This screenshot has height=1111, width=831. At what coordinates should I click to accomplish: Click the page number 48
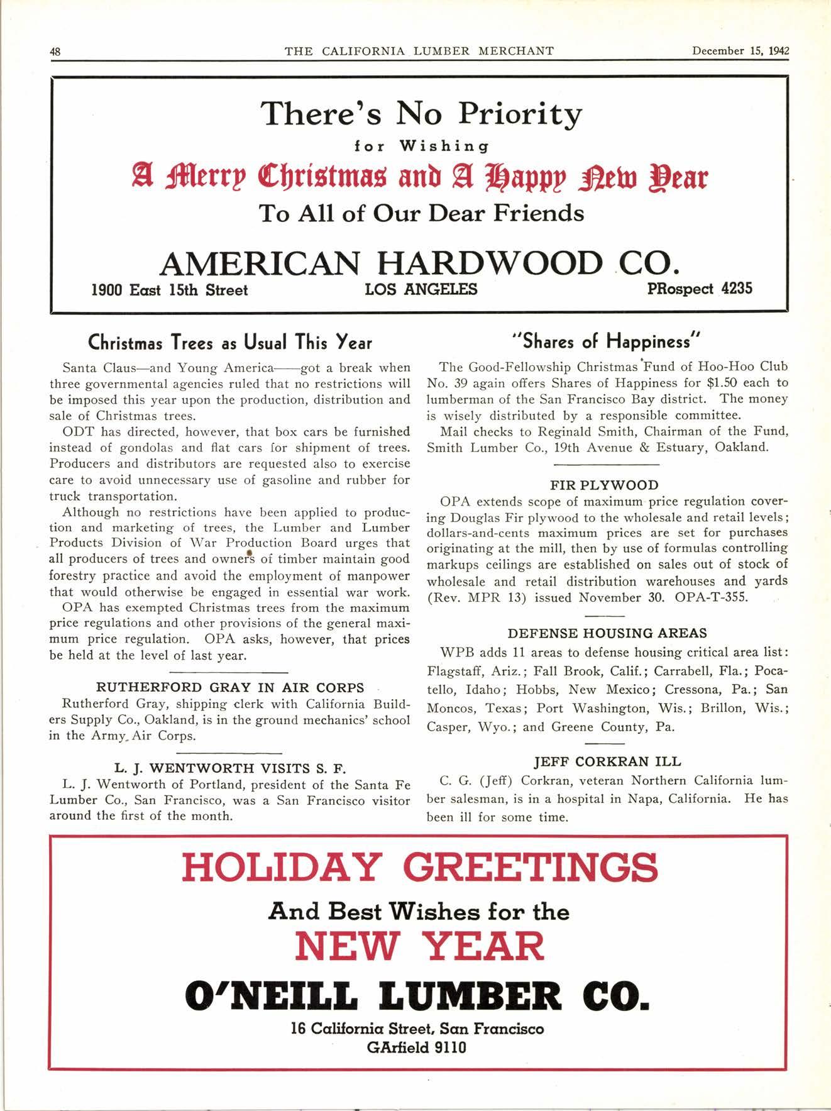point(55,52)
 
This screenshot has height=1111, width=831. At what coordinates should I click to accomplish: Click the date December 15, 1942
point(740,51)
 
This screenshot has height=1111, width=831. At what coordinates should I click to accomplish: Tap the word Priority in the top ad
point(519,114)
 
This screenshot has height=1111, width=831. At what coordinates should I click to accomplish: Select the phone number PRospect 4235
point(699,289)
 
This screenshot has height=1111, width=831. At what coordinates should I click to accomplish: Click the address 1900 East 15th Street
point(170,290)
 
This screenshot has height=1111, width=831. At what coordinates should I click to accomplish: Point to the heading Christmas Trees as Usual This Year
point(230,343)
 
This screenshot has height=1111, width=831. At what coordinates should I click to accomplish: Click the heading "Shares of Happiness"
point(607,341)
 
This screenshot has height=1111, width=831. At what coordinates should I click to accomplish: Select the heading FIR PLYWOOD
point(604,485)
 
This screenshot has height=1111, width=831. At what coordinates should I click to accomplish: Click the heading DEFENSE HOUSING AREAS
point(607,633)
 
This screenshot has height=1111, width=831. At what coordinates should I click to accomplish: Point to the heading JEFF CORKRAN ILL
point(607,761)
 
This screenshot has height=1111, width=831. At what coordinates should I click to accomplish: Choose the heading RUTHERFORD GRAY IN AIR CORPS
point(230,687)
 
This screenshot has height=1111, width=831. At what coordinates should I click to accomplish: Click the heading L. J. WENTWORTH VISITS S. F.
point(230,768)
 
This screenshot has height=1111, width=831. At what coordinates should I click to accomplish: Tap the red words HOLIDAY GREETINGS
point(419,867)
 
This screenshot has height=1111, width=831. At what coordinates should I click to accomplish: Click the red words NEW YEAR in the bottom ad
point(419,946)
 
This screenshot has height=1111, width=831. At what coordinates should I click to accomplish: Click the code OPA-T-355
point(711,597)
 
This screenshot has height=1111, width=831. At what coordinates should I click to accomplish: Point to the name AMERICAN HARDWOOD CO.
point(419,263)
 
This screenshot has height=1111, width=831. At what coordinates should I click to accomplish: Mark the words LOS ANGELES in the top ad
point(421,289)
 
